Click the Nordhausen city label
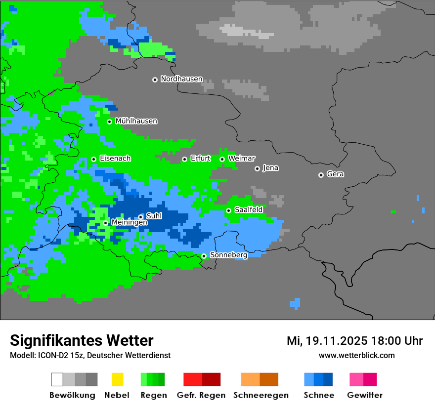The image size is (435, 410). [181, 79]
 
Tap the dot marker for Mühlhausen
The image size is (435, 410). [109, 122]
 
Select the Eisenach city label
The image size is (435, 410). [115, 159]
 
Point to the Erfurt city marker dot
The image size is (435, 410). [184, 159]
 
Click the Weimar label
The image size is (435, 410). [242, 159]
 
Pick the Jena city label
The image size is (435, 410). [270, 168]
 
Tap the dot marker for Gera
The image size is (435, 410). [321, 175]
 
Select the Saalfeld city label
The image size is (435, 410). [249, 210]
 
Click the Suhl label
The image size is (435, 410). [154, 216]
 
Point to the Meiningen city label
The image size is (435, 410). [129, 223]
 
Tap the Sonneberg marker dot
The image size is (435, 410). [204, 256]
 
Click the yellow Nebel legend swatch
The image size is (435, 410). [117, 379]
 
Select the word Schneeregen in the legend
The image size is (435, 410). [261, 395]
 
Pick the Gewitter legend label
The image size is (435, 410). [365, 395]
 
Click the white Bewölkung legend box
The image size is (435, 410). [57, 379]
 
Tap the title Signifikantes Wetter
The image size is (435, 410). [82, 340]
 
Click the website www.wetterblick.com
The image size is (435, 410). [356, 356]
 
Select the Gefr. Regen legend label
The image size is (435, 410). [201, 395]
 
